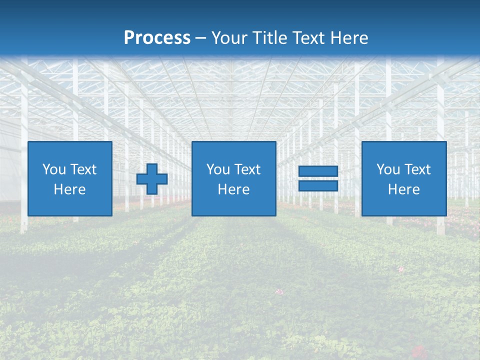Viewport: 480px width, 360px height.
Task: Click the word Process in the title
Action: tap(157, 37)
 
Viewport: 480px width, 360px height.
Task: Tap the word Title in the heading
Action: tap(270, 38)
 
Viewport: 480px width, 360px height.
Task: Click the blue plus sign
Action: tap(152, 179)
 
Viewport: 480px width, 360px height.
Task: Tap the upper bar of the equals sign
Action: tap(318, 171)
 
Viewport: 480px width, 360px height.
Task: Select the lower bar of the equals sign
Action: tap(318, 185)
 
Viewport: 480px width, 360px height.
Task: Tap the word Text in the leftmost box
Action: tap(83, 169)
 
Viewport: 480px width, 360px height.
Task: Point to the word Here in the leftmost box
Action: tap(69, 189)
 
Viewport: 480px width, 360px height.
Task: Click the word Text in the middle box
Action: tap(247, 169)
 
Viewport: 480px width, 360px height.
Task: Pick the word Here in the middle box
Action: tap(233, 189)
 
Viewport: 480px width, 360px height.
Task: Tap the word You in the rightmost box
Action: tap(388, 169)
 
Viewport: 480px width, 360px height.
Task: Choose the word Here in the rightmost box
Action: tap(403, 189)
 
